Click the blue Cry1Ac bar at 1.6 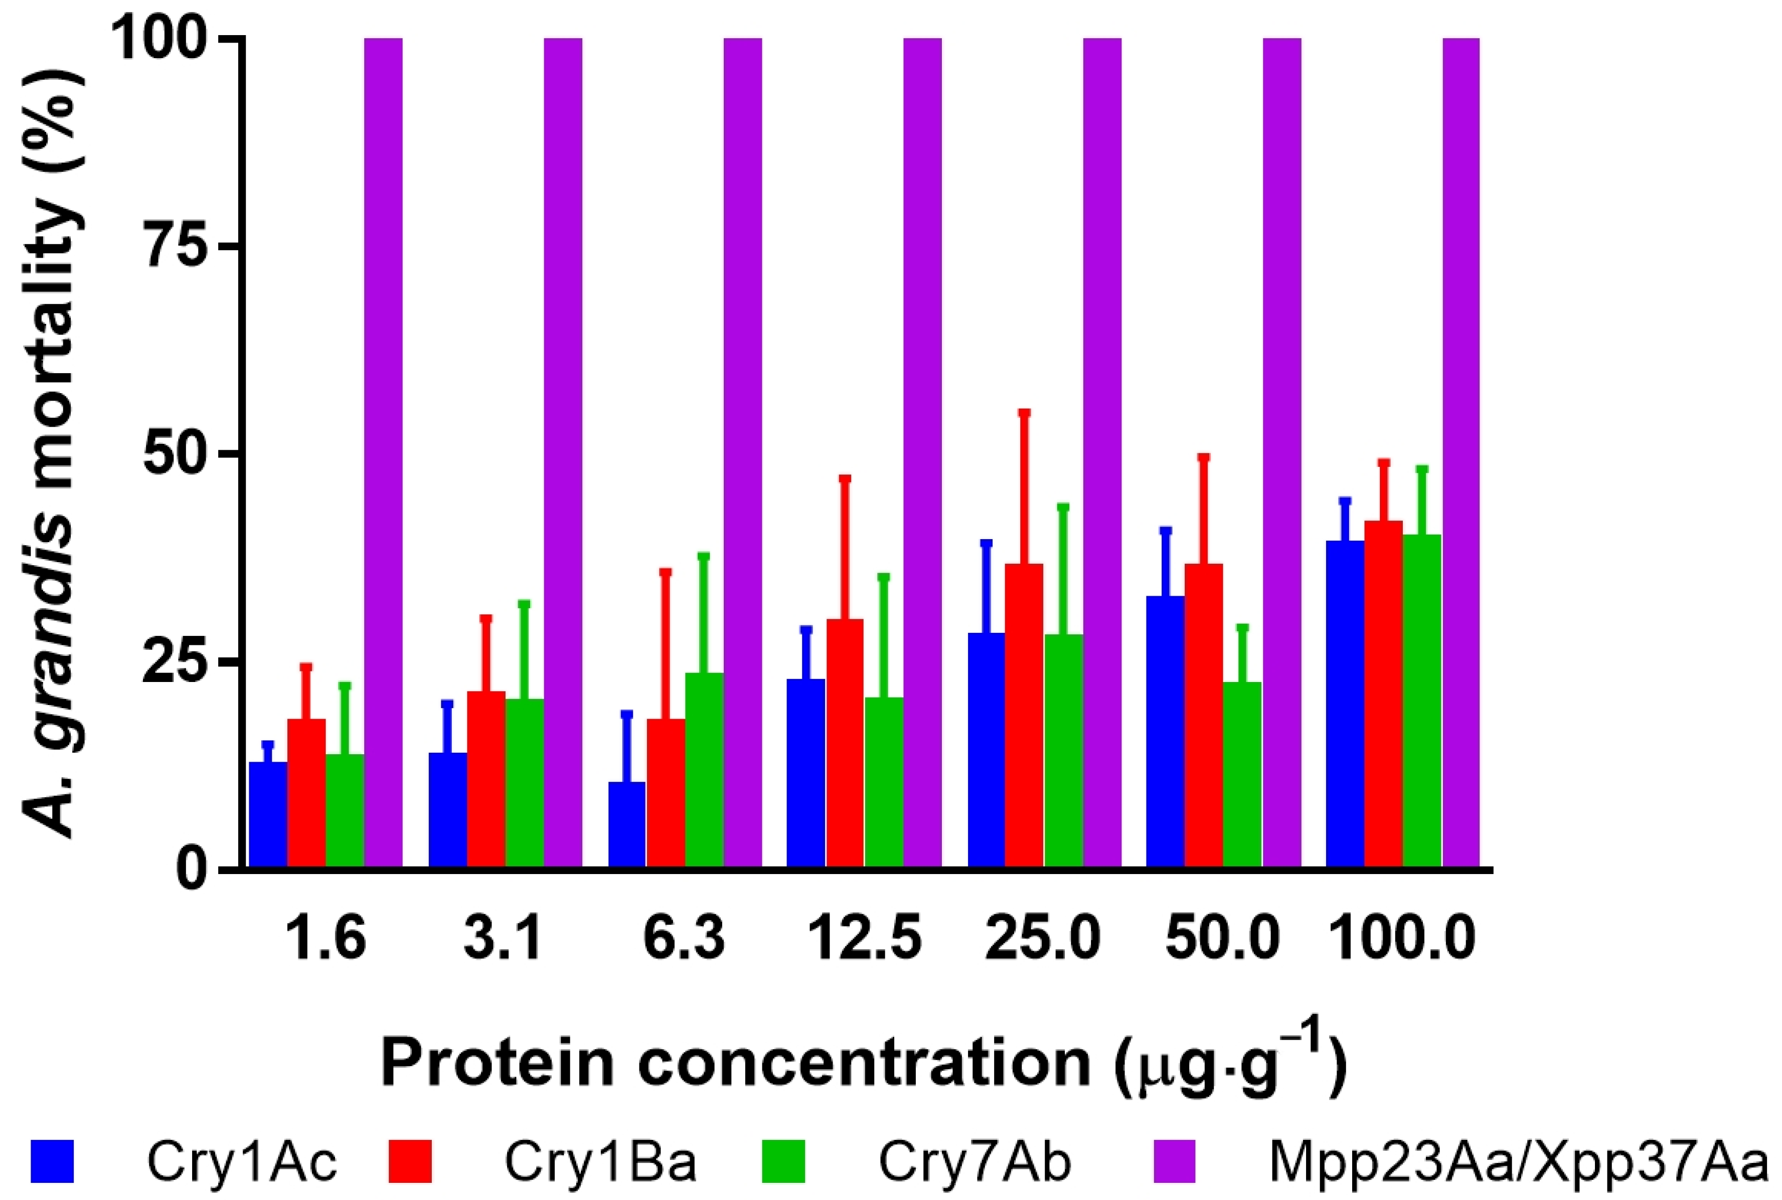[268, 814]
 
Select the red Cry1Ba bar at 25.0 [1024, 716]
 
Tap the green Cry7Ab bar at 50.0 [1242, 774]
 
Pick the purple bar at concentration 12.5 [922, 451]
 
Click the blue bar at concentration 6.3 [627, 824]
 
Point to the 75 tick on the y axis [230, 246]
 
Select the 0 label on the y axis [192, 870]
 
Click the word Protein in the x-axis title [498, 1063]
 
